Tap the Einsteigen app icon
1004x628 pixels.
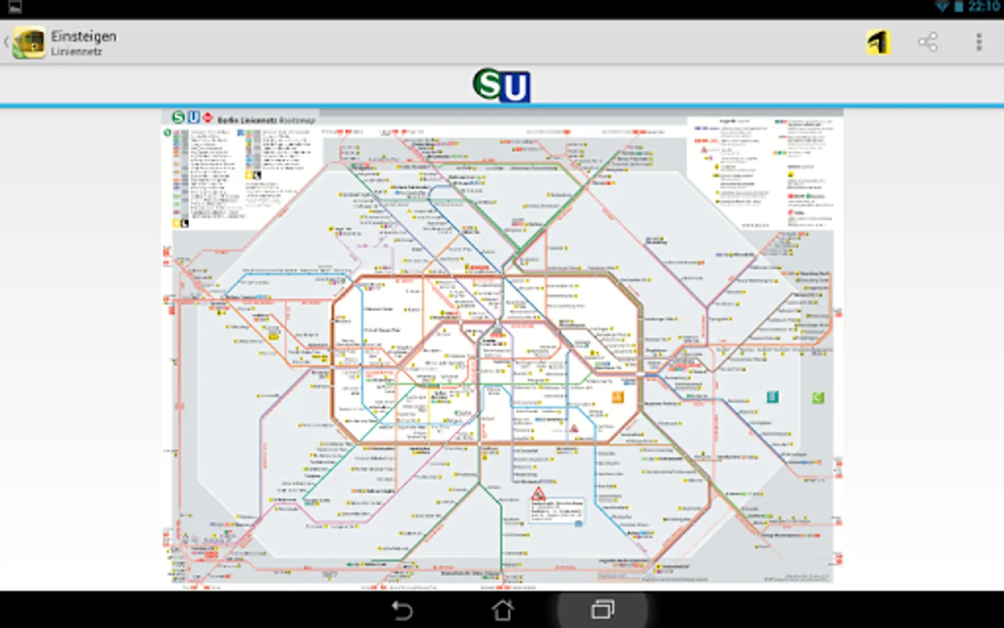pos(29,42)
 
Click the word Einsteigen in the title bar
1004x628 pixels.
pos(84,36)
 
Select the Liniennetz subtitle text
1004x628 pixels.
pos(77,52)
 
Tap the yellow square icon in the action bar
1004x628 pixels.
pos(878,43)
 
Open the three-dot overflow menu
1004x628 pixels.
pos(979,43)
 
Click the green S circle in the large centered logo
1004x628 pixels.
pos(489,84)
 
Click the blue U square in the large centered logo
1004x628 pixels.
pos(515,88)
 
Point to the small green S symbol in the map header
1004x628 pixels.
pos(178,118)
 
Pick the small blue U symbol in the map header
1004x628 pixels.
pos(193,118)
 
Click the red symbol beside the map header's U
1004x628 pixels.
pos(207,118)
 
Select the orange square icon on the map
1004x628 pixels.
pos(618,398)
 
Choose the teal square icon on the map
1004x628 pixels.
pos(773,397)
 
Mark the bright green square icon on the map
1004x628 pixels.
pos(818,398)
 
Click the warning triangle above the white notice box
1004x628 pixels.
pos(538,494)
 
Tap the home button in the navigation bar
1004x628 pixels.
pos(502,611)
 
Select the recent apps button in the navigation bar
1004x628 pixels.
pos(602,611)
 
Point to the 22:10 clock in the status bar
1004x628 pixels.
pos(984,7)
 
